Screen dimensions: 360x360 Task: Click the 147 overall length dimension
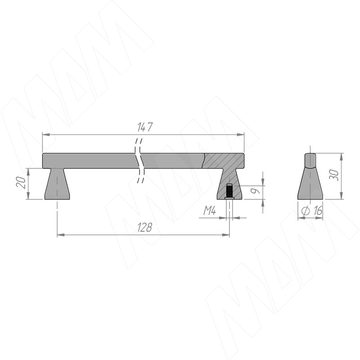145,127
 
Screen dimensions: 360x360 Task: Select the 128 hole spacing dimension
144,227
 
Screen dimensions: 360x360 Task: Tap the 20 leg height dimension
21,182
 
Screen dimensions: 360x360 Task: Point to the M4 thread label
210,211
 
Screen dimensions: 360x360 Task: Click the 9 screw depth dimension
256,190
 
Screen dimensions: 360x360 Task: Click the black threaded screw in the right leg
229,191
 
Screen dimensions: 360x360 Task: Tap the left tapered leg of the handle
57,184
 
